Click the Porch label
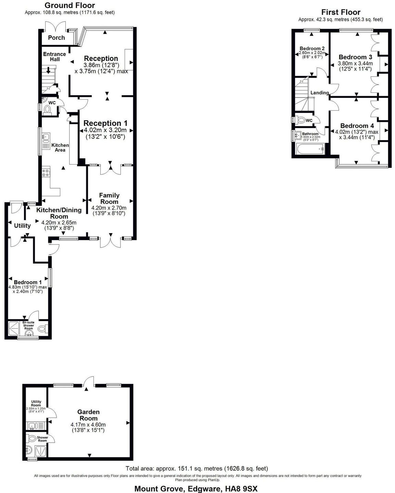(56, 38)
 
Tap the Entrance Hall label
(54, 56)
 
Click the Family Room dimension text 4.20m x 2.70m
(109, 208)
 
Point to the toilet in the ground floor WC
(48, 109)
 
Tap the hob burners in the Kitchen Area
(46, 172)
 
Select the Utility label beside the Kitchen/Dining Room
(22, 226)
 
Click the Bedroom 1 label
(28, 282)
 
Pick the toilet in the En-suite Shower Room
(42, 329)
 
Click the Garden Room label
(88, 415)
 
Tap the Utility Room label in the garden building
(36, 403)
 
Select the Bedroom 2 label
(312, 49)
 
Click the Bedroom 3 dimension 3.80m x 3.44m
(355, 63)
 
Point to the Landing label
(319, 93)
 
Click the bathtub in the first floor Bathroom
(310, 149)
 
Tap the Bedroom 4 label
(357, 126)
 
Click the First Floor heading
(341, 12)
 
